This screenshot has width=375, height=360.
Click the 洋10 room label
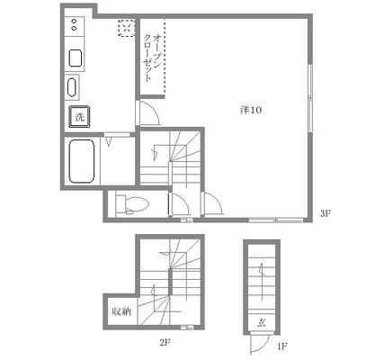251,110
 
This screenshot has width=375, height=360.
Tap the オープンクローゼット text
153,58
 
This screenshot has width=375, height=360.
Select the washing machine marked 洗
79,117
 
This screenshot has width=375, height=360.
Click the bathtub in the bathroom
82,161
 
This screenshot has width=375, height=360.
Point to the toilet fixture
132,204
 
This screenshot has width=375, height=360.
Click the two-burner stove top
75,25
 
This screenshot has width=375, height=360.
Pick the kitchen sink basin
76,58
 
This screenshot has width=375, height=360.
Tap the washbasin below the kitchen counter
72,87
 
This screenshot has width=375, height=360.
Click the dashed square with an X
126,29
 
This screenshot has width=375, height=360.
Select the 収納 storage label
121,311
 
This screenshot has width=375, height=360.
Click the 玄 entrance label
262,323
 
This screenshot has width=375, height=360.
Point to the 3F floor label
326,213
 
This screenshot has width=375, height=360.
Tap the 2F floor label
165,342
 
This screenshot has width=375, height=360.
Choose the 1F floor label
282,346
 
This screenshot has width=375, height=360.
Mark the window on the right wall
310,98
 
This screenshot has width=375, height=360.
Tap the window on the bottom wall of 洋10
276,220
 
